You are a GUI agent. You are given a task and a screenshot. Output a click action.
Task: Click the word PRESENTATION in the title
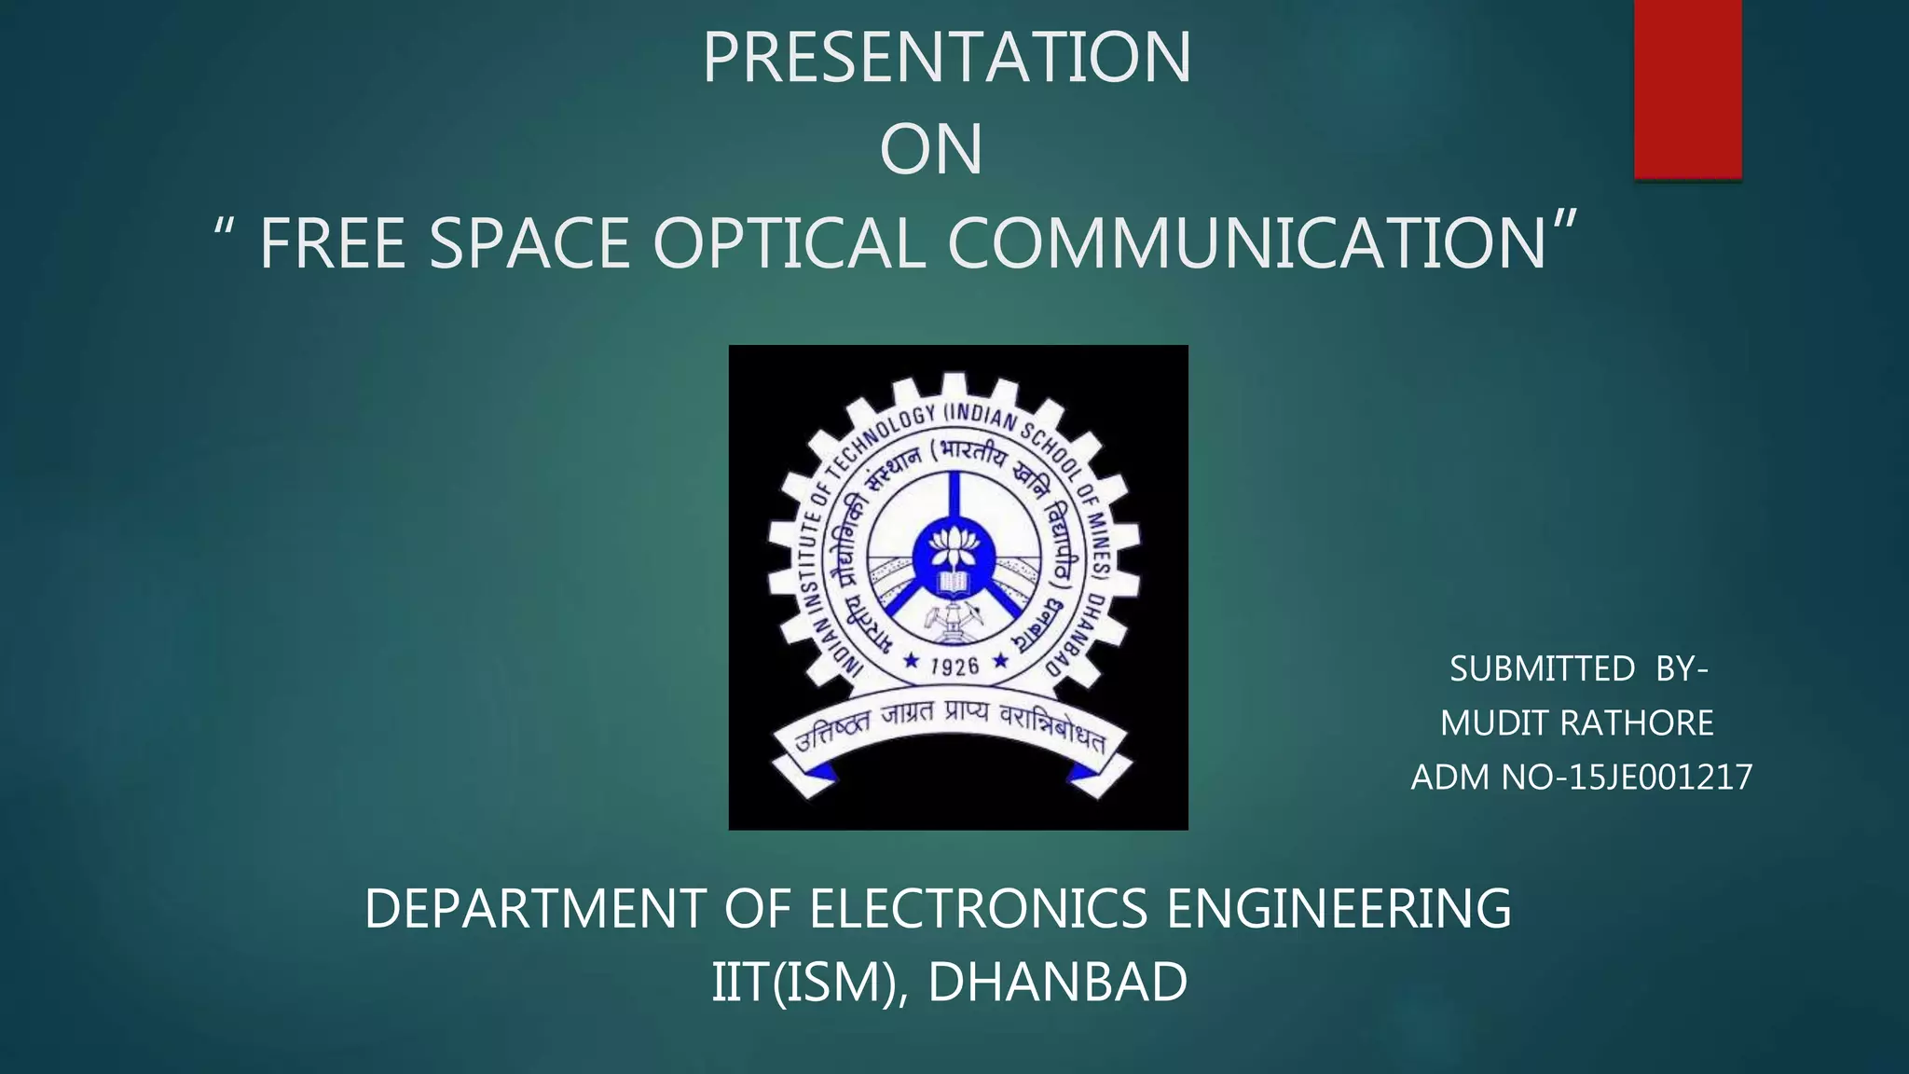pyautogui.click(x=946, y=58)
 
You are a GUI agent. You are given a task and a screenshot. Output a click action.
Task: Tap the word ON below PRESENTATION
pyautogui.click(x=931, y=150)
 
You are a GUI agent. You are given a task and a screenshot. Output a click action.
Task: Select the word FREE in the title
pyautogui.click(x=331, y=244)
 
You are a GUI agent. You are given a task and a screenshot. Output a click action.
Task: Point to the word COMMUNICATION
pyautogui.click(x=1247, y=244)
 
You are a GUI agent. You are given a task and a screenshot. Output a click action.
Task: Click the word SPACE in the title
pyautogui.click(x=529, y=244)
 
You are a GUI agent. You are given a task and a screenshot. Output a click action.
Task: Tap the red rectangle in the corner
pyautogui.click(x=1687, y=89)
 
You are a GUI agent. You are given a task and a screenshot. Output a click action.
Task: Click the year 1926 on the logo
pyautogui.click(x=954, y=666)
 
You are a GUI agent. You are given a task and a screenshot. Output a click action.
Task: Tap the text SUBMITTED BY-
pyautogui.click(x=1578, y=669)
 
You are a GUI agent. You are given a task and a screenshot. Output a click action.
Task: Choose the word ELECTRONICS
pyautogui.click(x=978, y=909)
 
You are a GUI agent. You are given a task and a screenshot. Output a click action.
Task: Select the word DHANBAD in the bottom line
pyautogui.click(x=1057, y=983)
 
